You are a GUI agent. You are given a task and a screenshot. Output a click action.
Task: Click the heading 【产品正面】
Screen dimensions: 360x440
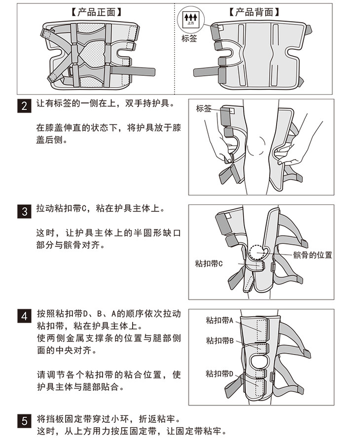[x=96, y=12]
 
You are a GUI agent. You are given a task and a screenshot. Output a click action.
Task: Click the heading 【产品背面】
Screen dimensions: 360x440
[x=254, y=12]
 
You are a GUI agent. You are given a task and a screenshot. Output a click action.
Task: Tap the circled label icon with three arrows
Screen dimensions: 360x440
[x=191, y=19]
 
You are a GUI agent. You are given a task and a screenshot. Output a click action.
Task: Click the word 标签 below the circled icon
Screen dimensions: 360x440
[x=189, y=38]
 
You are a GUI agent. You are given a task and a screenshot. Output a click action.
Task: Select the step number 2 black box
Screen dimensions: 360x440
[x=25, y=106]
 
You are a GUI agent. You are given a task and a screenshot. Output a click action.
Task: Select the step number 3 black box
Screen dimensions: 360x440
[x=25, y=211]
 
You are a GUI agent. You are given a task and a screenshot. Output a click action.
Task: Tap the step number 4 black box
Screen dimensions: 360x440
[x=25, y=316]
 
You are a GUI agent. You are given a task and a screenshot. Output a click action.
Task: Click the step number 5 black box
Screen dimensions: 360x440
[x=25, y=421]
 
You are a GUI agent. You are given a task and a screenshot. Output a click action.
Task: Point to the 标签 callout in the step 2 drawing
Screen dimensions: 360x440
[x=204, y=108]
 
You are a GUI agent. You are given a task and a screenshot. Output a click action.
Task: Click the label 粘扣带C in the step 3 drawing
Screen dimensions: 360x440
[x=209, y=264]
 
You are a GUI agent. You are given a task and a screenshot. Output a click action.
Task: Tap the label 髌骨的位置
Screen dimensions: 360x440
[x=313, y=255]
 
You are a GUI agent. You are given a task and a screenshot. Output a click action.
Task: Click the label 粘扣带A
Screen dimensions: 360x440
[x=219, y=320]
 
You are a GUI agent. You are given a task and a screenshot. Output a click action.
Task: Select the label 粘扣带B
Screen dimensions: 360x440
[x=220, y=340]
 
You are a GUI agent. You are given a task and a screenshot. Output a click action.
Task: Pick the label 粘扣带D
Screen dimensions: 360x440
[x=219, y=374]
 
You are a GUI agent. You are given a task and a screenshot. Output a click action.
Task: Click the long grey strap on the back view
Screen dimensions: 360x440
[x=207, y=72]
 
